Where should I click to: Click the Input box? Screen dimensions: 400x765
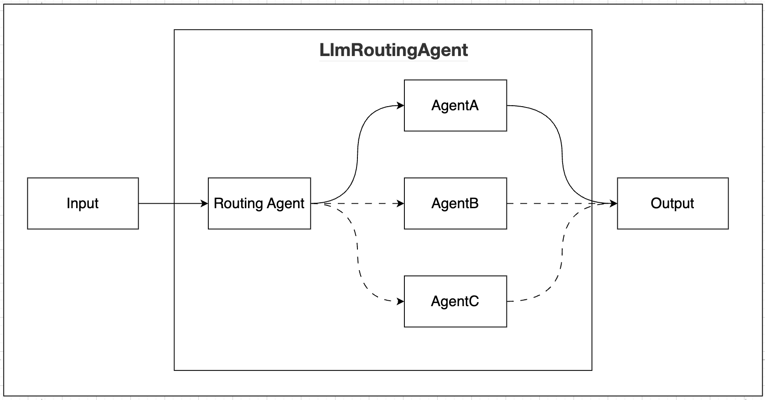[x=83, y=203]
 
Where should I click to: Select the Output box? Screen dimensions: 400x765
[x=672, y=203]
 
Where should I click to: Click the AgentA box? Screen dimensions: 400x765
[x=455, y=106]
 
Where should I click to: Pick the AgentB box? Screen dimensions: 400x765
[x=455, y=203]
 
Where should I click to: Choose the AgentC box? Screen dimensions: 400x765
[x=455, y=301]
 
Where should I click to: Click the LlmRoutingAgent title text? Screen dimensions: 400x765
[x=393, y=50]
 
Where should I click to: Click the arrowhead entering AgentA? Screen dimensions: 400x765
[x=401, y=106]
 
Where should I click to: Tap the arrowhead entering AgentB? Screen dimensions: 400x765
[x=401, y=203]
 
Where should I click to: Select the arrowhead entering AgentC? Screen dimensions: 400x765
[x=401, y=301]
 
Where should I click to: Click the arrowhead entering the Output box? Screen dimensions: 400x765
[x=614, y=203]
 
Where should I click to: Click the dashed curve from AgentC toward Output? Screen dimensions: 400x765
[x=562, y=255]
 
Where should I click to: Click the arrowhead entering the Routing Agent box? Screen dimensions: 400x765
[x=205, y=203]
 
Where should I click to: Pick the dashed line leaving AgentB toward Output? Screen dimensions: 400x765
[x=547, y=203]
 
